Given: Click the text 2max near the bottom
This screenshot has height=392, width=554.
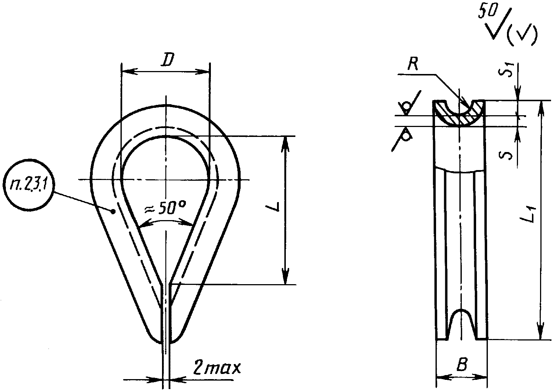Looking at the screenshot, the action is point(216,368).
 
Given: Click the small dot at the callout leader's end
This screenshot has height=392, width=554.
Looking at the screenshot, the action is point(114,211).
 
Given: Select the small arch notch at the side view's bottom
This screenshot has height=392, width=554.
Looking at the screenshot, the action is point(461,322).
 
